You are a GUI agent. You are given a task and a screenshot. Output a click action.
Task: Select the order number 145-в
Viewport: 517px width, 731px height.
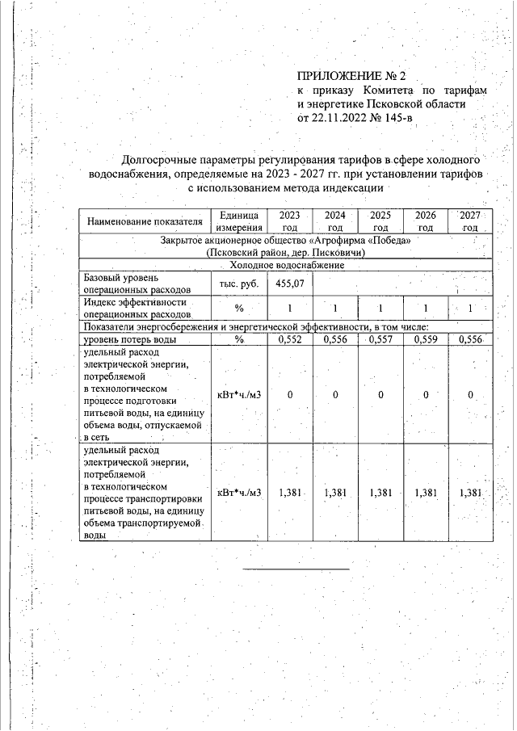coord(397,119)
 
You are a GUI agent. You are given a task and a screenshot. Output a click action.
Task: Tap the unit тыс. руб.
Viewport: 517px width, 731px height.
coord(238,284)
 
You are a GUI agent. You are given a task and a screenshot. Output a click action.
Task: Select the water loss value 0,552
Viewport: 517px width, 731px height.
coord(288,340)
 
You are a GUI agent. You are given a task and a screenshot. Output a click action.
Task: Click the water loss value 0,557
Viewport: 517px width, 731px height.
coord(380,340)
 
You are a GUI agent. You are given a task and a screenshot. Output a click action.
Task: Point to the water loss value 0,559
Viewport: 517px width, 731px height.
coord(425,340)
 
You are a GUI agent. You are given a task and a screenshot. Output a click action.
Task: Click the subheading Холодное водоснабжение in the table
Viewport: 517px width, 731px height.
coord(287,265)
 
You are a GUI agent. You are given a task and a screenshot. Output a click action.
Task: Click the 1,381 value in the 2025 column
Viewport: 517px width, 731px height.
coord(380,493)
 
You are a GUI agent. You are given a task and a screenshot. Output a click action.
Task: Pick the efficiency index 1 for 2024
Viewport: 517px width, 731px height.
coord(334,308)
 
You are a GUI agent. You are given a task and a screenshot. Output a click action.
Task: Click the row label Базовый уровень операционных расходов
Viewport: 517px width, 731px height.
coord(137,284)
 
